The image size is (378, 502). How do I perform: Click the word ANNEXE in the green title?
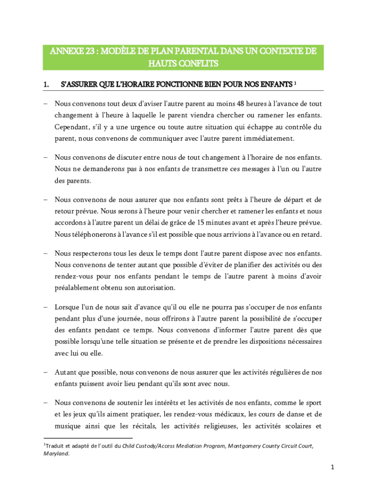tap(61, 51)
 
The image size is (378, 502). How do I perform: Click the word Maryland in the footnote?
tap(56, 453)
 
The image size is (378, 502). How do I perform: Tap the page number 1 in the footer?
tap(332, 468)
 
